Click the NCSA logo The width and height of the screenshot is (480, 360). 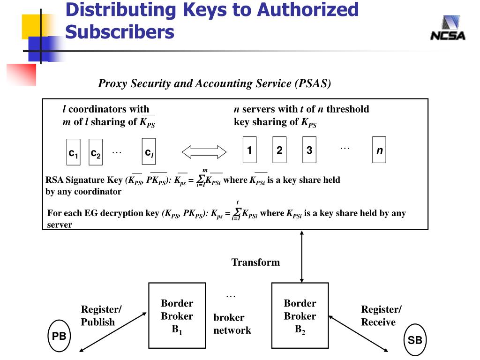tap(448, 28)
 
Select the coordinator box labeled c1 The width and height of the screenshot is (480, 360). tap(74, 152)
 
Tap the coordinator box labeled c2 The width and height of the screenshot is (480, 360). tap(96, 152)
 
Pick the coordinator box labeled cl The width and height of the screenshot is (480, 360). tap(149, 151)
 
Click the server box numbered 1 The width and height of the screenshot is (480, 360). tap(249, 150)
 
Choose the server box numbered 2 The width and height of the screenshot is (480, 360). tap(279, 150)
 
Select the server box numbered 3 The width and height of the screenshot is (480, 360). tap(309, 150)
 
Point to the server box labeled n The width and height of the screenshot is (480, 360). tap(379, 150)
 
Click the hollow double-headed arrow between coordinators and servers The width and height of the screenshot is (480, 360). tap(204, 152)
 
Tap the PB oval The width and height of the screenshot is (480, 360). tap(59, 336)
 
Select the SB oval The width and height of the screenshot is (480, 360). tap(415, 340)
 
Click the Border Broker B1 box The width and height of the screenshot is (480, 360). tap(177, 315)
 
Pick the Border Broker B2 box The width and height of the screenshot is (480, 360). tap(300, 315)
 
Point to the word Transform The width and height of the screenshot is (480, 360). tap(255, 262)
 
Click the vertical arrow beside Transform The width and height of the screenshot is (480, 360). tap(302, 256)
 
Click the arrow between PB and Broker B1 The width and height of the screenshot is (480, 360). tap(113, 332)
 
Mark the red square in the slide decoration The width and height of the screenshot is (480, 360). tap(22, 75)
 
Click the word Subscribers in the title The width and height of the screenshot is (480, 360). tap(120, 32)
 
